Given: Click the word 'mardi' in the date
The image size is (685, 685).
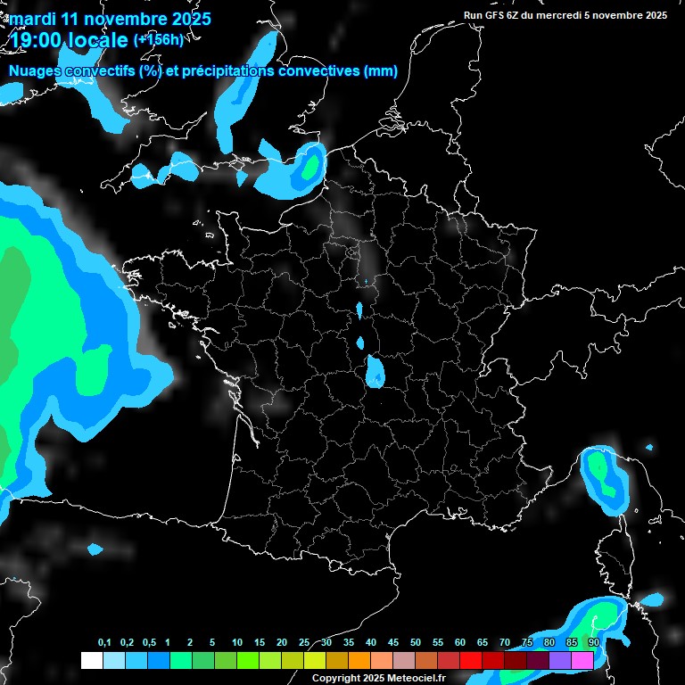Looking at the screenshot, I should click(32, 19).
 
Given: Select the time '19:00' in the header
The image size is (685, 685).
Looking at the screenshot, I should click(37, 39).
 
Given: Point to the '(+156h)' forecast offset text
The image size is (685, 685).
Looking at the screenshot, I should click(158, 39).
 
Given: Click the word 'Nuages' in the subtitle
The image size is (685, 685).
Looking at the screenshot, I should click(35, 71).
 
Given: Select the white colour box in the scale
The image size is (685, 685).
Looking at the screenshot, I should click(91, 660).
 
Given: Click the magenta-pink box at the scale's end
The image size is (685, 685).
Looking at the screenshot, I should click(582, 660).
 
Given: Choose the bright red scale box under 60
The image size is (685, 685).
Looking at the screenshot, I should click(471, 660).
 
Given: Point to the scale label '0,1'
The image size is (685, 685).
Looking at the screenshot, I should click(104, 643).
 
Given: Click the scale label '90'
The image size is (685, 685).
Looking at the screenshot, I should click(593, 643).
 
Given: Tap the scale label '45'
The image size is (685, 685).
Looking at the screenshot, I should click(392, 643).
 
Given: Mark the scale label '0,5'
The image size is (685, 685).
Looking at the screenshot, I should click(148, 643).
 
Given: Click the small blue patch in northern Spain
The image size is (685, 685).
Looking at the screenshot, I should click(95, 549).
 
